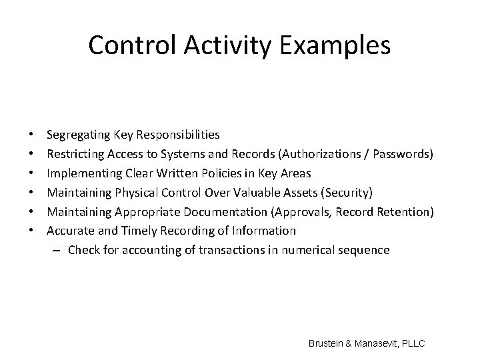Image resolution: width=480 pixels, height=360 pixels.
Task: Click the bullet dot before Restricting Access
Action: coord(33,154)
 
